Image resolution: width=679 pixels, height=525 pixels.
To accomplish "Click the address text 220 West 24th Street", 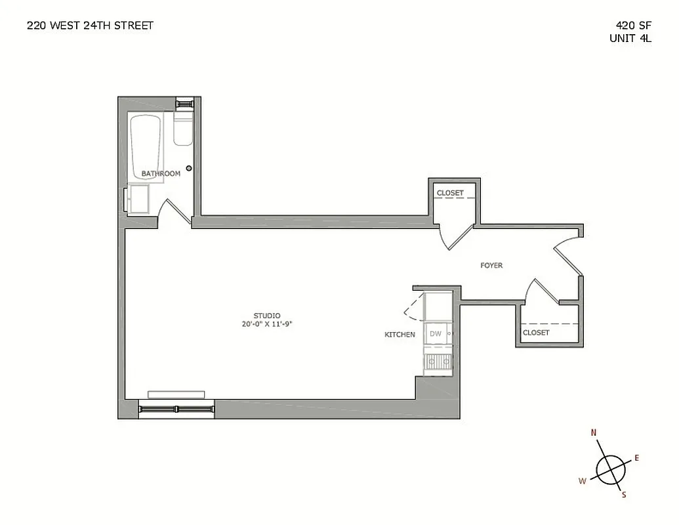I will coord(90,26).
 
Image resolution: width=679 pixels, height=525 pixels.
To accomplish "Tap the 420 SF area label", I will coord(633,26).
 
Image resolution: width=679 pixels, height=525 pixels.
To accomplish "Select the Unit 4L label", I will coord(630,38).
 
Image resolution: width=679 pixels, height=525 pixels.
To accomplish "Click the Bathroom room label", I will coord(161,174).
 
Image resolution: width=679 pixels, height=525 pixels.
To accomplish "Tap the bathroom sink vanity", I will coord(138,199).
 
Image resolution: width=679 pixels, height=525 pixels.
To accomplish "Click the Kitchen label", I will coord(400,335).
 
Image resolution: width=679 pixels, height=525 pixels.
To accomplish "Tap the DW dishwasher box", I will coord(436,334).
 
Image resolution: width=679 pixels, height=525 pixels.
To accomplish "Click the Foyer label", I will coord(491,265).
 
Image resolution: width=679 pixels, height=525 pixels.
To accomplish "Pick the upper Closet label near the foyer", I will coord(450,193).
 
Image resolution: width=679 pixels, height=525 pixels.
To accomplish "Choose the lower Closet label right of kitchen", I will coord(536,333).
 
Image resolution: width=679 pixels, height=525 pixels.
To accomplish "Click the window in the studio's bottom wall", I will coord(176,409).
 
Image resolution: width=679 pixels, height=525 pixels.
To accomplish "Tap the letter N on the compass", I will coord(594,432).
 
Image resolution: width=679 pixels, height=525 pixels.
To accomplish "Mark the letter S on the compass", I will coord(623,495).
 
